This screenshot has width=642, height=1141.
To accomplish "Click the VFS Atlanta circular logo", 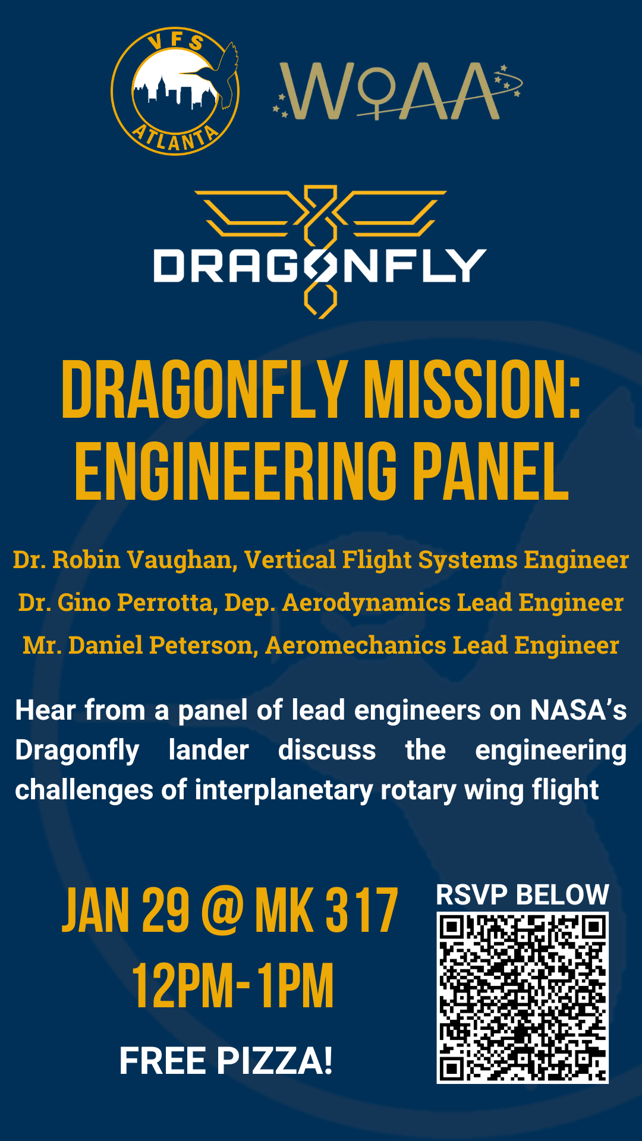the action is point(175,92).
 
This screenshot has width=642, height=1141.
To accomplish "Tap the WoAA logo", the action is point(397,90).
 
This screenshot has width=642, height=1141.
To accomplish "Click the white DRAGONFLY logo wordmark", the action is point(320,265).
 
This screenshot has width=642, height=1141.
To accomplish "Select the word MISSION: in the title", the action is point(472,390).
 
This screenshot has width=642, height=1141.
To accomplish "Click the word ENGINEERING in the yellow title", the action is point(236,471).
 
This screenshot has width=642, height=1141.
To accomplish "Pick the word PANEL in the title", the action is point(491,471).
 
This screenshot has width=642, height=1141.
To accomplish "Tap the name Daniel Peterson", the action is point(160,645).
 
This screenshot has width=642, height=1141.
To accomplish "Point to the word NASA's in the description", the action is point(578,710).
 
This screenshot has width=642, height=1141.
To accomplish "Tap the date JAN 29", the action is point(126,910).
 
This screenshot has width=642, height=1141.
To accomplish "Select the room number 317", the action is point(361,910).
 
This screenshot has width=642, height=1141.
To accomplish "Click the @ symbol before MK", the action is point(222,911).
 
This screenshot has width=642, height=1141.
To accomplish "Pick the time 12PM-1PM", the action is point(232,986).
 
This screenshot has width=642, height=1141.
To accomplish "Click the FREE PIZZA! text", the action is point(226,1061).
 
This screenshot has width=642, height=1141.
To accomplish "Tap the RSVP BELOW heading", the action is point(523,895).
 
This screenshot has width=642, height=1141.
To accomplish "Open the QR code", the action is point(523,998).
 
